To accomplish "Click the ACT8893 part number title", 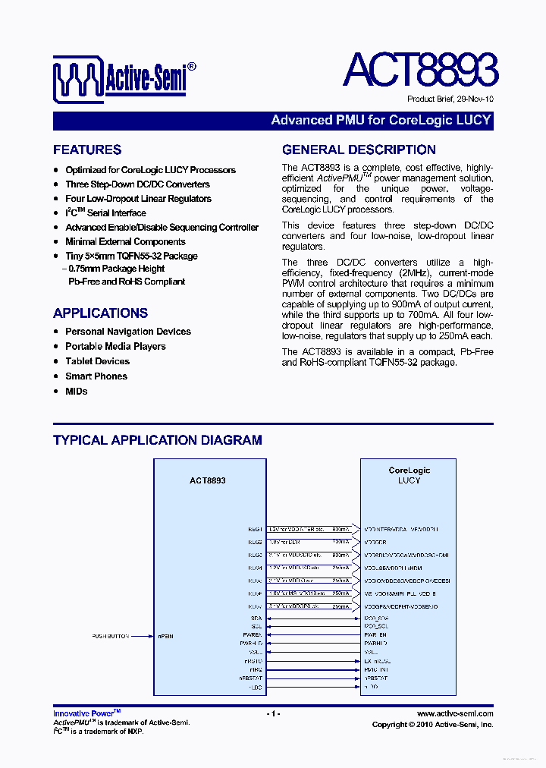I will pyautogui.click(x=420, y=71).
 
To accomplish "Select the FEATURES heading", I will pyautogui.click(x=87, y=150).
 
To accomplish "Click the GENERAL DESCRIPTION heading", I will pyautogui.click(x=359, y=150).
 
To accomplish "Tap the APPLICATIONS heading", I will pyautogui.click(x=100, y=313).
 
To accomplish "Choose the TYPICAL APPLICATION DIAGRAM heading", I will pyautogui.click(x=158, y=440).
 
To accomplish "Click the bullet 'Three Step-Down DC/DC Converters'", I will pyautogui.click(x=137, y=184).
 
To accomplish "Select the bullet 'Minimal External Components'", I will pyautogui.click(x=125, y=242).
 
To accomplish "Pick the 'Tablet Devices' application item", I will pyautogui.click(x=97, y=361).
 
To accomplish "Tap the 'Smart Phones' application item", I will pyautogui.click(x=96, y=376).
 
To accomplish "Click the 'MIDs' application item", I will pyautogui.click(x=77, y=392).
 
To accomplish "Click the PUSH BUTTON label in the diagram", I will pyautogui.click(x=111, y=636).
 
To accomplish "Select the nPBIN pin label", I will pyautogui.click(x=165, y=636).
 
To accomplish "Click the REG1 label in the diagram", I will pyautogui.click(x=255, y=529).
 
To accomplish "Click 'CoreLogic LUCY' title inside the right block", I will pyautogui.click(x=409, y=475).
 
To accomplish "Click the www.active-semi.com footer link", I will pyautogui.click(x=455, y=713).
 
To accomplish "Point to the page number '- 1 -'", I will pyautogui.click(x=273, y=714).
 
